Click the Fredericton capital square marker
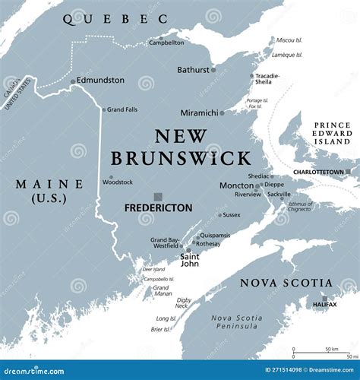tap(157, 196)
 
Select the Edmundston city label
tap(101, 81)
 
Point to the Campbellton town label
tap(166, 43)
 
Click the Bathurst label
tap(193, 70)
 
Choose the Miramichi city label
tap(199, 112)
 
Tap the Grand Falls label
tap(122, 109)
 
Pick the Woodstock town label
tap(118, 182)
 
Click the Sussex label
tap(231, 215)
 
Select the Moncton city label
tap(236, 185)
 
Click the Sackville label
tap(279, 195)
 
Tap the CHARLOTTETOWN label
tap(319, 173)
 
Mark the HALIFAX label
tap(324, 305)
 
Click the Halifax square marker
tap(324, 298)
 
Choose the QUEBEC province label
tap(115, 20)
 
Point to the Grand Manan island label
tap(162, 290)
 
